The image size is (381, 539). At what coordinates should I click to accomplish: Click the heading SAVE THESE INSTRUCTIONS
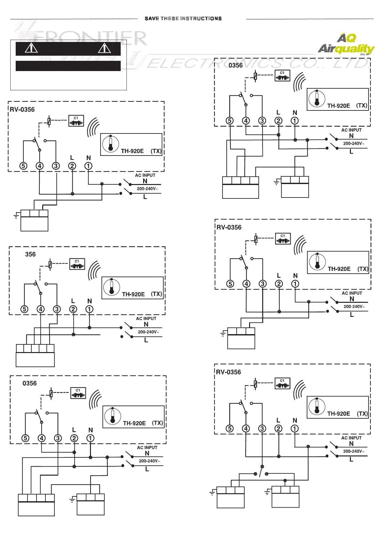183,19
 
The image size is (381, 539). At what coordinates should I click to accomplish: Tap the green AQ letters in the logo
347,38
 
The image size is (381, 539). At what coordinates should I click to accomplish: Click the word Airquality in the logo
346,49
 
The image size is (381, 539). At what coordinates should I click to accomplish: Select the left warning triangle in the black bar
31,48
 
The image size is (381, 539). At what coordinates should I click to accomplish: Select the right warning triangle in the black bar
104,48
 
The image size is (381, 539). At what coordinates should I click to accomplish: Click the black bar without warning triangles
68,66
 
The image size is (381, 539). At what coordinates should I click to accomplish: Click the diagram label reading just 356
30,254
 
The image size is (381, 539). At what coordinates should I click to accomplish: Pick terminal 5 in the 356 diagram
24,309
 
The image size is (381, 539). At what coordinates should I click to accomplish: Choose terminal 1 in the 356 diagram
89,309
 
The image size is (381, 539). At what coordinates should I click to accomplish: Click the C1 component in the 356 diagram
77,264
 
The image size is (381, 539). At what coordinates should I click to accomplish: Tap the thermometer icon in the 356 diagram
111,287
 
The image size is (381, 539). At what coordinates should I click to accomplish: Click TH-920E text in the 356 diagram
133,294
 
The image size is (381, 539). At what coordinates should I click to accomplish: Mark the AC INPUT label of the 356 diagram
146,318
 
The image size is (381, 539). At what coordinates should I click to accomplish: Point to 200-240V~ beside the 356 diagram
148,332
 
